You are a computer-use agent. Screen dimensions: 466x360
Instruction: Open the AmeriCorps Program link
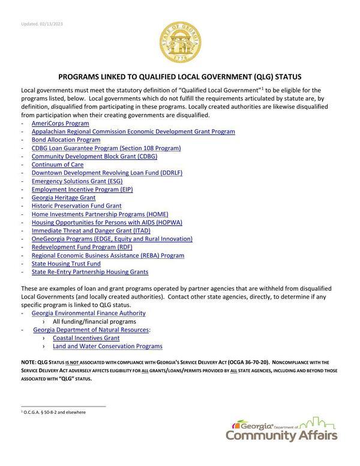pos(60,123)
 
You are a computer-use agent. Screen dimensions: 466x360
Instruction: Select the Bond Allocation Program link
pos(66,139)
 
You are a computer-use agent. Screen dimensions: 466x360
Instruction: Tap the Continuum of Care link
pos(58,165)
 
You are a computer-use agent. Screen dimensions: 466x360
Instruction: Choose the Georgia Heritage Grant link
pos(64,198)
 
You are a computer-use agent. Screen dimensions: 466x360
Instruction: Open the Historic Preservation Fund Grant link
pos(76,206)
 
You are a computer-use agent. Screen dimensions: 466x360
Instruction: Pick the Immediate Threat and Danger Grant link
pos(91,231)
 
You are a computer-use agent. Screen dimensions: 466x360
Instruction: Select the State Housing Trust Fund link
pos(66,264)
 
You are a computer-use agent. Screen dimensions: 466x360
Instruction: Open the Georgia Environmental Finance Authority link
pos(88,313)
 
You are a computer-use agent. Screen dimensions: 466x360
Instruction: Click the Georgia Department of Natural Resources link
pos(91,330)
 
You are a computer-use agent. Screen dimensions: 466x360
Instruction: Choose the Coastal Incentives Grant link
pos(86,338)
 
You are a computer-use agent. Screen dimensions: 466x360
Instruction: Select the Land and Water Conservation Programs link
pos(107,346)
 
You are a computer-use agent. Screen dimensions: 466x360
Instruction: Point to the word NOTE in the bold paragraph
pos(28,363)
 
